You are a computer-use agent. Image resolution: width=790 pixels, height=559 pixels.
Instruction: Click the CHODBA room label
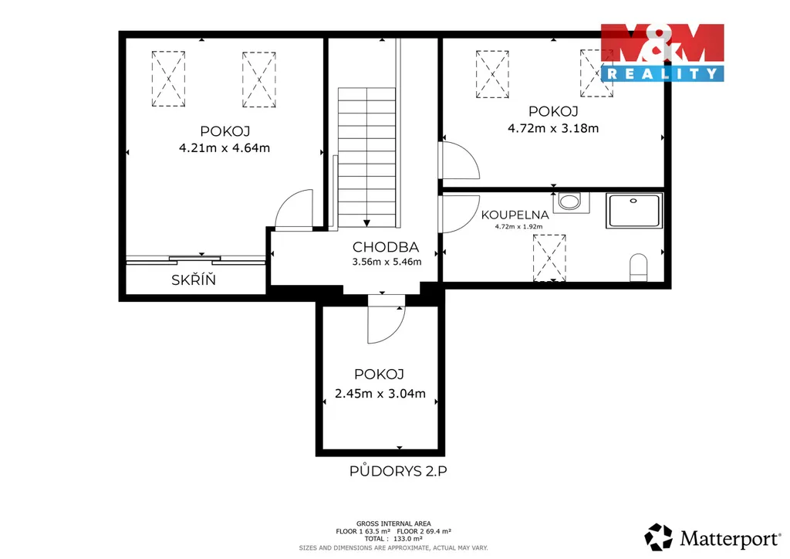386,247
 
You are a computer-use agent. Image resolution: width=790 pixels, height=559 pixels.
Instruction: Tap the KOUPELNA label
515,215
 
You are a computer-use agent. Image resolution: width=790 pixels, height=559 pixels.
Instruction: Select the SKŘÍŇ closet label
194,279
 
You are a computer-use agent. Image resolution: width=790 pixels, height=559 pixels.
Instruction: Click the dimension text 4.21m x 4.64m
225,147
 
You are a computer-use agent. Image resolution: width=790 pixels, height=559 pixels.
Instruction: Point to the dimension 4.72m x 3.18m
553,128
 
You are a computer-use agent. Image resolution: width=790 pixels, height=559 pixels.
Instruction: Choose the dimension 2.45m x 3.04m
380,393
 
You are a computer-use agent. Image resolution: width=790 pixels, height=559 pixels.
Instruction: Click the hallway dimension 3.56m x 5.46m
387,262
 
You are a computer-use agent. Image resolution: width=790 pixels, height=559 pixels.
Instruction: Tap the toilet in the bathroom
638,267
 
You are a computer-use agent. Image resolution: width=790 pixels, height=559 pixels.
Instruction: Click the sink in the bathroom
571,202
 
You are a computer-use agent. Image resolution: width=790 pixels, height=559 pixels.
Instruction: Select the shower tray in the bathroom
634,211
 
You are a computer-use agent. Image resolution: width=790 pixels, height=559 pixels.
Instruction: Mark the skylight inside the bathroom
549,258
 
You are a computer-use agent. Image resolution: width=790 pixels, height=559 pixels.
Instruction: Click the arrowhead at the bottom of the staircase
366,223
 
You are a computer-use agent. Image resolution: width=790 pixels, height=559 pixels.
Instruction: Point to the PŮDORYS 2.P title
398,471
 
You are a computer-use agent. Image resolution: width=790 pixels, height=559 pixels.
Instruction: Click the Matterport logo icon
659,537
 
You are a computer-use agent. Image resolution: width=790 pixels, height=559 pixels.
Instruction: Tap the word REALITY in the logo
663,74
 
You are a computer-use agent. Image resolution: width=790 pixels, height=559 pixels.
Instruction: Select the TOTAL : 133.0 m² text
393,538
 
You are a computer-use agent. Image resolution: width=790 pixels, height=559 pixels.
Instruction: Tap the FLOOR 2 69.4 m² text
424,531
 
